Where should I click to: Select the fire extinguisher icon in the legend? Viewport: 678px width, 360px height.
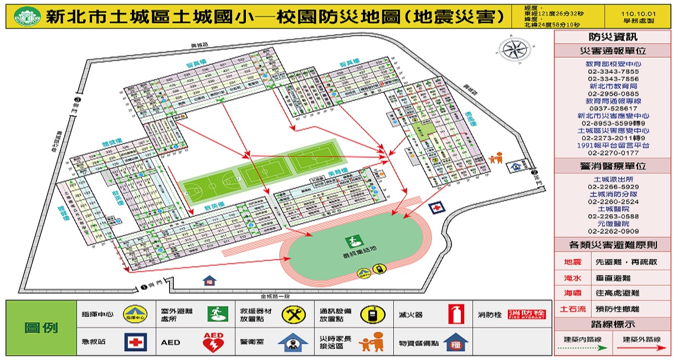456,314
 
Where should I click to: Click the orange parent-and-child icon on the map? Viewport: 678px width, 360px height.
496,159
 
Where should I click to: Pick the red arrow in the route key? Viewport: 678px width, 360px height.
643,349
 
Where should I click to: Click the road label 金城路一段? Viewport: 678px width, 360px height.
281,297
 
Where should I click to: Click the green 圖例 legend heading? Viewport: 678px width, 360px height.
42,327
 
